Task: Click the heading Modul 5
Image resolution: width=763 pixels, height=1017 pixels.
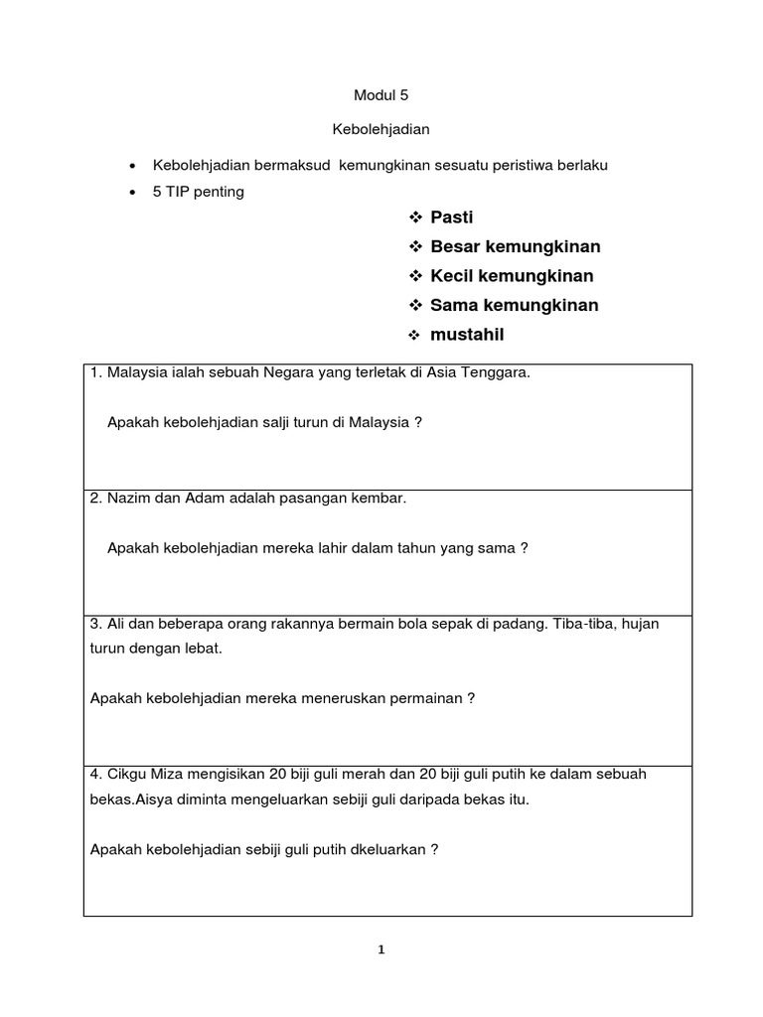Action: (x=381, y=96)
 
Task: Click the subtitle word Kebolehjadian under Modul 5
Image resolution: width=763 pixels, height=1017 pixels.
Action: (x=381, y=130)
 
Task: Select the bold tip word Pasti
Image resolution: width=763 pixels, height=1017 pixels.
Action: (x=452, y=218)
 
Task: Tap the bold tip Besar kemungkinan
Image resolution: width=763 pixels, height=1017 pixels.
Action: (x=516, y=246)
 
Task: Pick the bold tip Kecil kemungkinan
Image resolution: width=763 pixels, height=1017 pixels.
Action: (x=512, y=276)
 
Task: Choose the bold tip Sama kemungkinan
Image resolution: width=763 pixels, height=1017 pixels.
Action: (x=515, y=305)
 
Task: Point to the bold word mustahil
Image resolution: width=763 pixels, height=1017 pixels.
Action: (x=467, y=335)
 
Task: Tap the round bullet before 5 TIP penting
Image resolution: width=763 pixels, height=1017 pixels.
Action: (x=132, y=193)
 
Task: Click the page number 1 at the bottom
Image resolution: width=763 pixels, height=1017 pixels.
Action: (x=381, y=949)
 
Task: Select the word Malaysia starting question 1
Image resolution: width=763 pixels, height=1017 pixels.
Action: (x=138, y=373)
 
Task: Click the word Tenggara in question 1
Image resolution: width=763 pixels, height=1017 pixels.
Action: (x=498, y=373)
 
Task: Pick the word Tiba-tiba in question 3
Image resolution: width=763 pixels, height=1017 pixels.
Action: (x=580, y=624)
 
